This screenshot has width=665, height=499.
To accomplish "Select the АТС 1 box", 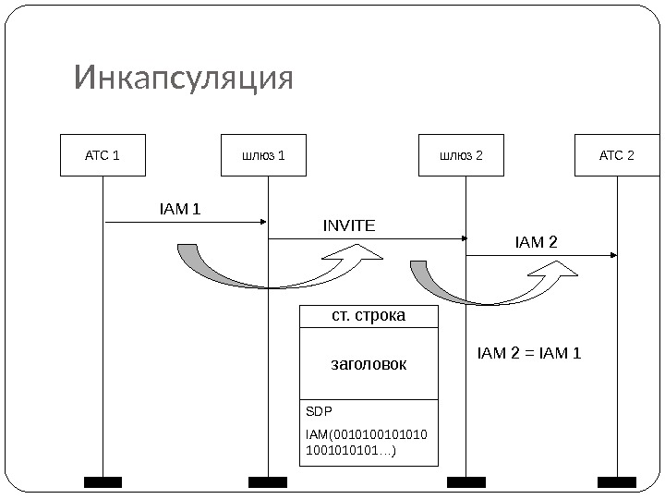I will point(103,155).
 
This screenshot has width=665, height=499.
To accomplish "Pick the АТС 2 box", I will point(616,155).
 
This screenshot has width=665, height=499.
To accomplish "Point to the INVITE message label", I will point(349,225).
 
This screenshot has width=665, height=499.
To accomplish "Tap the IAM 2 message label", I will point(537,243).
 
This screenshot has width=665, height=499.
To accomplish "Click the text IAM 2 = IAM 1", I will point(529,352).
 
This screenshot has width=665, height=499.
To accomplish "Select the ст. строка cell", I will point(369,316).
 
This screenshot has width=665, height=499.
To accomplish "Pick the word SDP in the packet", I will point(319,411).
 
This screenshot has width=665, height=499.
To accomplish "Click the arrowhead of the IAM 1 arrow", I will point(263,222).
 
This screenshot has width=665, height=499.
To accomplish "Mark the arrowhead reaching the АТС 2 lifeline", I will point(613,255).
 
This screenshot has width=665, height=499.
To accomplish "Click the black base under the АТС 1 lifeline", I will point(103,481).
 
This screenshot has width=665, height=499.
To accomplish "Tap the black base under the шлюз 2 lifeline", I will point(466,481).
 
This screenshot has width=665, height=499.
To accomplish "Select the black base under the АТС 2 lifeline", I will point(617,481).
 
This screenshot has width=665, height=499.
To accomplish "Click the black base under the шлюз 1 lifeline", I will point(268,481).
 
